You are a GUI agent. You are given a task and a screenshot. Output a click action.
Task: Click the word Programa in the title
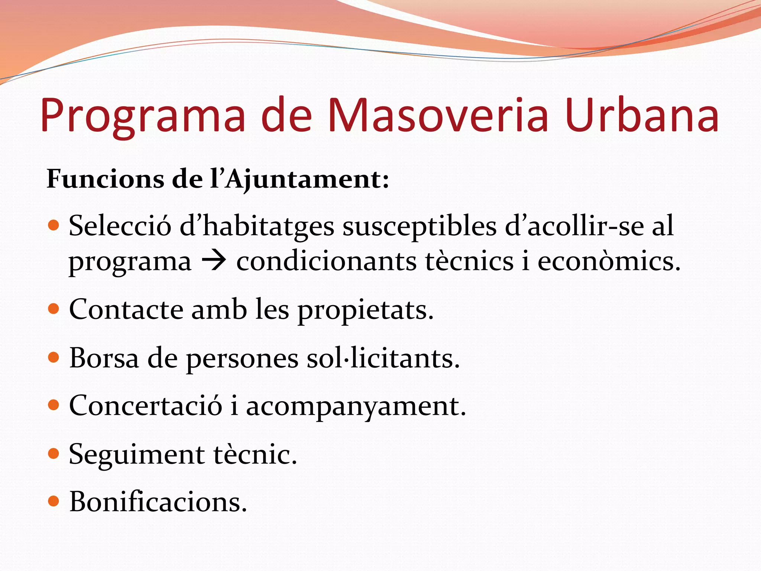pos(143,115)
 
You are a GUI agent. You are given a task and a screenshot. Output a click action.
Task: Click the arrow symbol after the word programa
pos(214,261)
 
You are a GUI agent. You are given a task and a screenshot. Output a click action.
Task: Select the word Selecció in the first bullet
pos(120,226)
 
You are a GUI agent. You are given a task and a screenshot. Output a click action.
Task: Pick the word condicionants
pos(327,261)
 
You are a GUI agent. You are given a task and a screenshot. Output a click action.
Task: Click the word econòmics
pos(609,261)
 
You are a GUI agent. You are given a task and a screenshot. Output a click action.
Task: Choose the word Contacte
pos(126,309)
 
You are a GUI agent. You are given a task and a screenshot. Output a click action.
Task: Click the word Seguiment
pos(137,454)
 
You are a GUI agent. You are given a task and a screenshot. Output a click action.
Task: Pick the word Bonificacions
pos(158,501)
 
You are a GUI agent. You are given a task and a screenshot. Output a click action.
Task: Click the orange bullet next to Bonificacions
pos(54,501)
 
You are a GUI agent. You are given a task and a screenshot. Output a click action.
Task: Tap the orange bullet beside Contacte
pos(54,309)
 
